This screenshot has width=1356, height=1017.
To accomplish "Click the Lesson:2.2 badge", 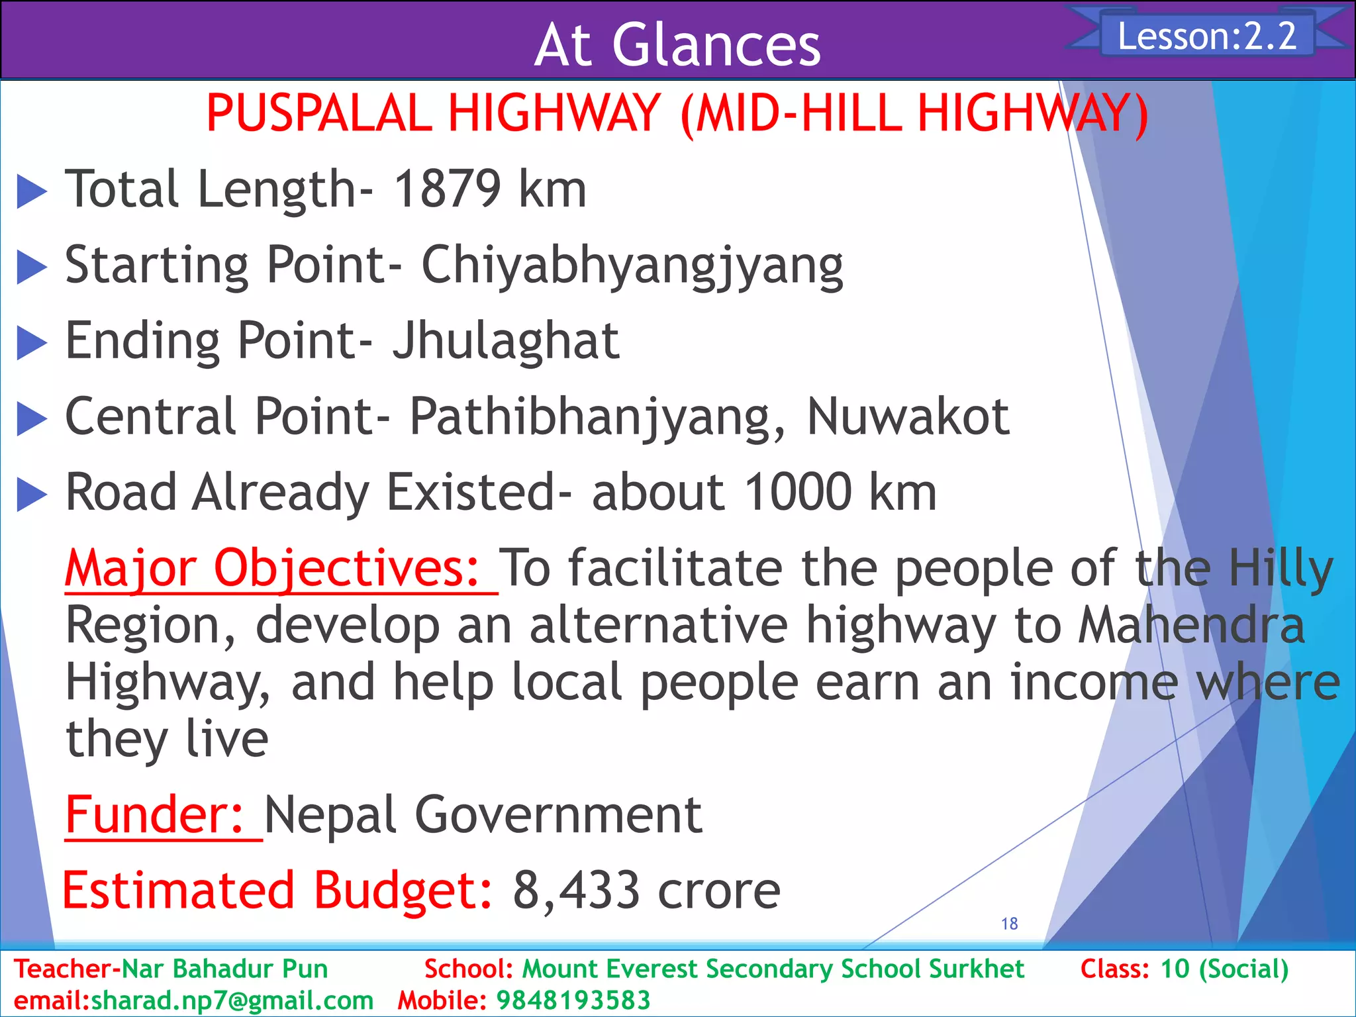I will [1206, 36].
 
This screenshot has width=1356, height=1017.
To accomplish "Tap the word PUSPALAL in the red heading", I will [319, 113].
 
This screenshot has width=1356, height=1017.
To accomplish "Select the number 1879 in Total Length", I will [448, 189].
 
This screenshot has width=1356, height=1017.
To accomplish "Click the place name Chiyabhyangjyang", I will [632, 265].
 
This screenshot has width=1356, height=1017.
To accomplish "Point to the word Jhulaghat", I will [506, 340].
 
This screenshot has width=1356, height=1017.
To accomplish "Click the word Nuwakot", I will [908, 416].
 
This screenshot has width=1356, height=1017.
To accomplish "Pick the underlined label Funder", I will [156, 814].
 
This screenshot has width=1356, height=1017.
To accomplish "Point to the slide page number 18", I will [1009, 924].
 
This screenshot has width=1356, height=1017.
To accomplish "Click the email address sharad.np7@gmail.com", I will [232, 1000].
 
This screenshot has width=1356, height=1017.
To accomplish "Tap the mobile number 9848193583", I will [573, 1000].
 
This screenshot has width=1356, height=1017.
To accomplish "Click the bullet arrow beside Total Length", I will [31, 191].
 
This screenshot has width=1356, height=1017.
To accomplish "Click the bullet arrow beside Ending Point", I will [31, 343].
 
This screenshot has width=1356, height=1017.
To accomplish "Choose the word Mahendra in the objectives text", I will [1191, 625].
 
